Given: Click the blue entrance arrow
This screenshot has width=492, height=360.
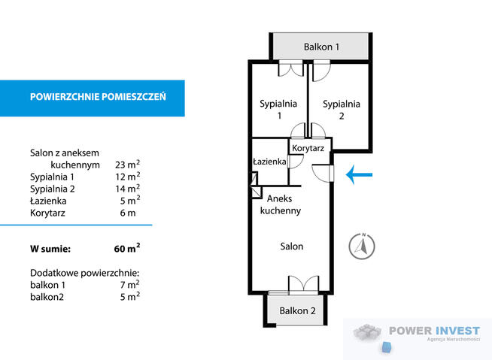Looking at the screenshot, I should pos(359,176).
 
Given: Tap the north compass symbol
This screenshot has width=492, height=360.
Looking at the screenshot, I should pos(363,246).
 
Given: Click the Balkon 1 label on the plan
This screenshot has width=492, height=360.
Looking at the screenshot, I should pos(321,47).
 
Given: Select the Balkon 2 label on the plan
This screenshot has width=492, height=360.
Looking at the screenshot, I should pos(297,311).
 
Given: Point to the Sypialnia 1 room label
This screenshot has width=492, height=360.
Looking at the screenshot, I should pos(278,110).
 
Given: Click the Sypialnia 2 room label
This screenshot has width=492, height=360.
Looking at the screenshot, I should pos(342,110).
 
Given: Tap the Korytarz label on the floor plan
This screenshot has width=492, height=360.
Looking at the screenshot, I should pos(308,149).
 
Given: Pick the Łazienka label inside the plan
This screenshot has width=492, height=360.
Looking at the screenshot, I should pos(269,162).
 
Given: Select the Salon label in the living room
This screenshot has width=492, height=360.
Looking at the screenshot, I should pos(292,246).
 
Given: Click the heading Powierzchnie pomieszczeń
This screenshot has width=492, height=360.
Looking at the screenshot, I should pos(97,97).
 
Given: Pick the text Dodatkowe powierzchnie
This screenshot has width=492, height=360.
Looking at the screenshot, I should pos(85,272).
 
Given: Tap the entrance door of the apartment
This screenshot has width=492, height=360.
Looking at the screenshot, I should pos(323,174).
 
